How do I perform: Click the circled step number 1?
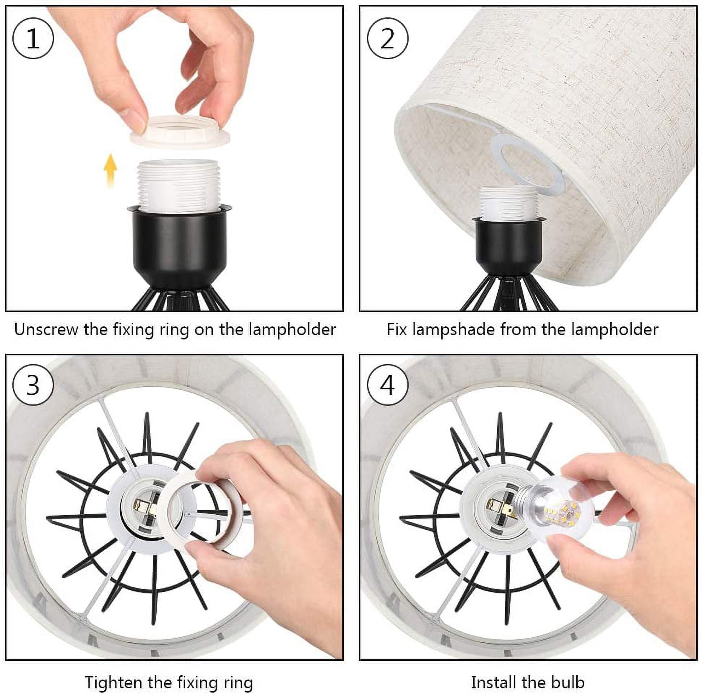coord(33,38)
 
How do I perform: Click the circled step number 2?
coord(388,38)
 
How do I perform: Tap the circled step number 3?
coord(33,385)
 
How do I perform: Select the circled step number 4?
coord(388,385)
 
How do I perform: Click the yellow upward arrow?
coord(110,170)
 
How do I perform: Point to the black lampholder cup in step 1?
coord(179,247)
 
